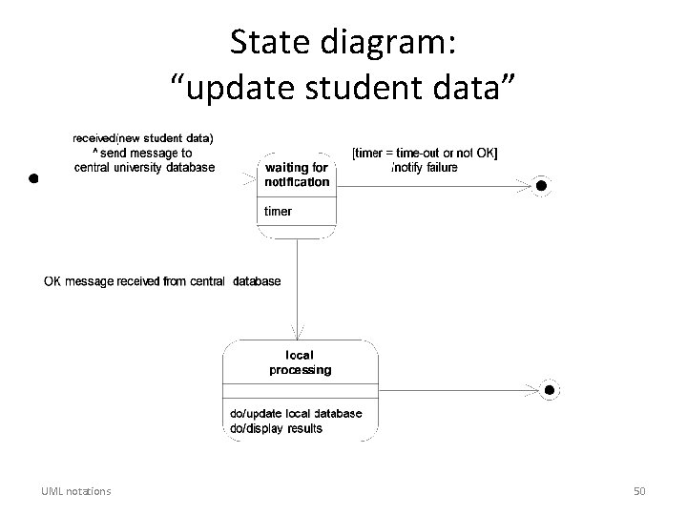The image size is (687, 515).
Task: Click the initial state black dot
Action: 32,178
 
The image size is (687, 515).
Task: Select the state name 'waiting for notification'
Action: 297,175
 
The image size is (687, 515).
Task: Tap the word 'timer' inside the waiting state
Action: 279,211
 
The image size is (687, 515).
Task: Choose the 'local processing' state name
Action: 301,362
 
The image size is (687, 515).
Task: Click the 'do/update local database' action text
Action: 296,414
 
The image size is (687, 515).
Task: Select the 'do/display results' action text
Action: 277,428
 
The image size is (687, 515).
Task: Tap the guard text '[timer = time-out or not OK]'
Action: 425,153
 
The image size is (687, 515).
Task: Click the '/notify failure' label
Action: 425,167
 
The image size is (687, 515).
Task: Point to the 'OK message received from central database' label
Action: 162,281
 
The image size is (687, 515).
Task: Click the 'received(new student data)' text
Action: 144,137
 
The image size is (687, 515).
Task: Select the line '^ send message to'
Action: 142,153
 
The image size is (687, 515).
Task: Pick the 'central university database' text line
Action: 144,167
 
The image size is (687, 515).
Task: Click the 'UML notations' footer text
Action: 75,491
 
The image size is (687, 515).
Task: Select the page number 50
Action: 639,491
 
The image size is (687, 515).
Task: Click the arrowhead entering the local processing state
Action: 299,335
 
